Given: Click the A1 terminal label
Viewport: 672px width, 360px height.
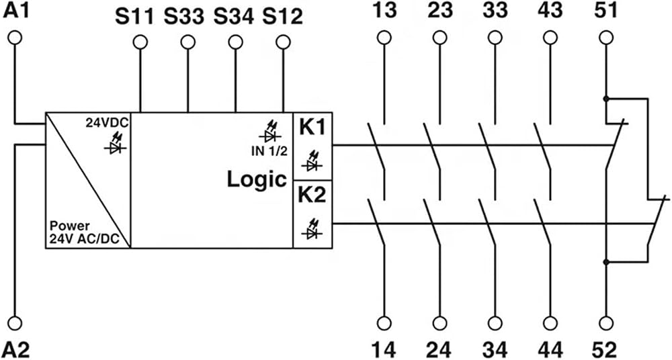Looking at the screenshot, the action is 16,10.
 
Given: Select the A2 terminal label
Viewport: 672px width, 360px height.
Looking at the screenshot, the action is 16,350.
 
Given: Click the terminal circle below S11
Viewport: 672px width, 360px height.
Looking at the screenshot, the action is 140,42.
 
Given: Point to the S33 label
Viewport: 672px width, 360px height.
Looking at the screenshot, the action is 184,17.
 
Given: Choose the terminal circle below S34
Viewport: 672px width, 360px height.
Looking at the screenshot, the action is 235,42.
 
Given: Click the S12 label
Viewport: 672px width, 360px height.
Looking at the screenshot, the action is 282,17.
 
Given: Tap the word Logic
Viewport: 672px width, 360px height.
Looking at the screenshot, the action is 257,179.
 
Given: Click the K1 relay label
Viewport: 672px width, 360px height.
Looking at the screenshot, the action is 312,128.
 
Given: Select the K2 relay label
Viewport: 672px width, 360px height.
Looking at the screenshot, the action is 312,195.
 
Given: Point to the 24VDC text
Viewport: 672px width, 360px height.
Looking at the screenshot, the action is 108,123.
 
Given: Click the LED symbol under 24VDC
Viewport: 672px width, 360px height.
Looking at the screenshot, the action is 115,144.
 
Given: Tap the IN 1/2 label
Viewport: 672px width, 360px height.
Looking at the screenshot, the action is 269,151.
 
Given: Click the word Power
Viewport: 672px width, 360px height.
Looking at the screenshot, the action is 70,226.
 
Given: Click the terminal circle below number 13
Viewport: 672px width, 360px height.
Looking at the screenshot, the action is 384,38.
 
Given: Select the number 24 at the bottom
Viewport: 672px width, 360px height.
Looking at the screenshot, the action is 439,350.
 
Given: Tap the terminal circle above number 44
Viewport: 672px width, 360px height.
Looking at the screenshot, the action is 550,323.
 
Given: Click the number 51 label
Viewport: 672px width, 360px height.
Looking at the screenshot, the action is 605,11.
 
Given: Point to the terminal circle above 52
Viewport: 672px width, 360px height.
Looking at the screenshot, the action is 605,323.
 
